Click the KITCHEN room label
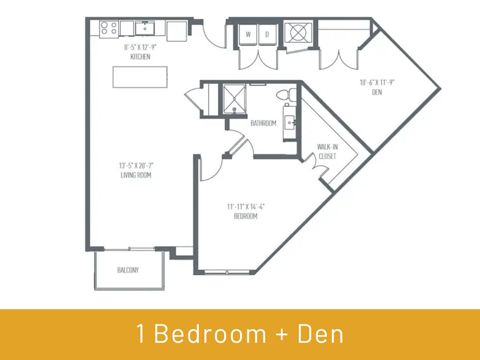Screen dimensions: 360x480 [140, 57]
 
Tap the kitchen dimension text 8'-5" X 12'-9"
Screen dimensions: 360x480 [140, 48]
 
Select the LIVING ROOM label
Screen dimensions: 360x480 [135, 175]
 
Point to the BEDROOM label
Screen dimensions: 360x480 [246, 216]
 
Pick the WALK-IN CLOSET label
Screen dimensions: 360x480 [327, 151]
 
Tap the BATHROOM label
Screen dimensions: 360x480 [263, 123]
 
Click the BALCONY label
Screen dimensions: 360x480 [128, 270]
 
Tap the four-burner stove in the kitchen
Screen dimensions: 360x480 [109, 29]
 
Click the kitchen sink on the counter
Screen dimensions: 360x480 [145, 29]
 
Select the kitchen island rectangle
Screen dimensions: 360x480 [140, 77]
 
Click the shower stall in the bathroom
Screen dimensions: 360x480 [233, 99]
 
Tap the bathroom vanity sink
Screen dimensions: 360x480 [290, 123]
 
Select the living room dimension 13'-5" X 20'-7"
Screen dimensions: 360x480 [135, 165]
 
